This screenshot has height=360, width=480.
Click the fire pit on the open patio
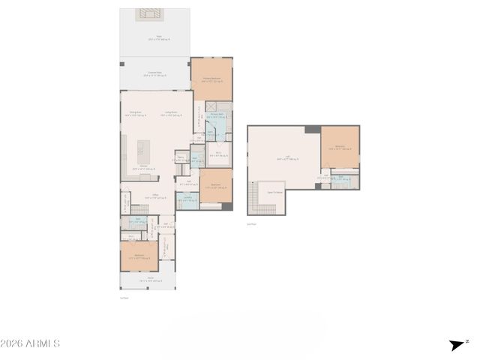[147, 14]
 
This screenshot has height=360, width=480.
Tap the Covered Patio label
[156, 73]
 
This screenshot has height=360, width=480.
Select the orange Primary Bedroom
[211, 78]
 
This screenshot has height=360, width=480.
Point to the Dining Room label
[136, 113]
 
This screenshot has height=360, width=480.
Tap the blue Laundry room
[187, 199]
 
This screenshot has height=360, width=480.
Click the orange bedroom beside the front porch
[139, 256]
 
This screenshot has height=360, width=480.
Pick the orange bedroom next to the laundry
[215, 184]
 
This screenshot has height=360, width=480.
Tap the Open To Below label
[274, 192]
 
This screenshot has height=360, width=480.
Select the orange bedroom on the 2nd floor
[340, 147]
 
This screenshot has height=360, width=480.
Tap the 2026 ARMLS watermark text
[30, 343]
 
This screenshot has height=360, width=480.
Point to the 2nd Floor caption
[252, 223]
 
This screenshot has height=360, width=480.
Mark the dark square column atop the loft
[312, 129]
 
